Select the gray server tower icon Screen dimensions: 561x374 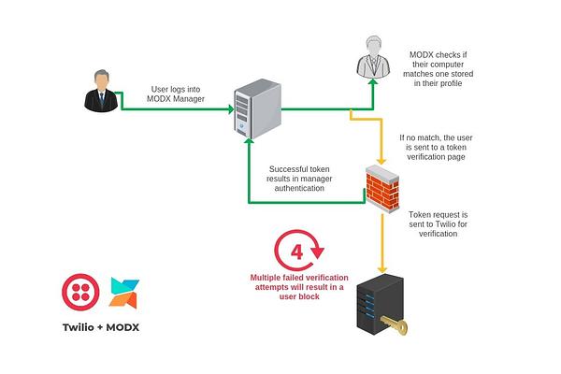tap(258, 108)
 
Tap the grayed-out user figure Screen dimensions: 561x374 tap(373, 56)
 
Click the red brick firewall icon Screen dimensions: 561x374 tap(382, 189)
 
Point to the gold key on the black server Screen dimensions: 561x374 tap(395, 324)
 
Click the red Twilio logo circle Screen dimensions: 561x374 tap(80, 292)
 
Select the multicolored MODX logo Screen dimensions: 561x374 tap(124, 293)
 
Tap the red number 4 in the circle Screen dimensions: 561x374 tap(297, 252)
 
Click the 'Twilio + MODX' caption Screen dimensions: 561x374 tap(101, 327)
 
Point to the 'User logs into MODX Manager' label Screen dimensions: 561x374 tap(176, 94)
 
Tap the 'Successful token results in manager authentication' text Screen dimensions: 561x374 tap(299, 179)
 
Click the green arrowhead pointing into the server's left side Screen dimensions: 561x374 tap(231, 109)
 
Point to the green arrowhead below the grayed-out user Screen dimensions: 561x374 tap(373, 82)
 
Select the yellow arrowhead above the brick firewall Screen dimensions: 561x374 tap(382, 161)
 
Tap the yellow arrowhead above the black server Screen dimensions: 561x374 tap(382, 269)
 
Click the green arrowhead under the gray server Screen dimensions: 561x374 tap(249, 142)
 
